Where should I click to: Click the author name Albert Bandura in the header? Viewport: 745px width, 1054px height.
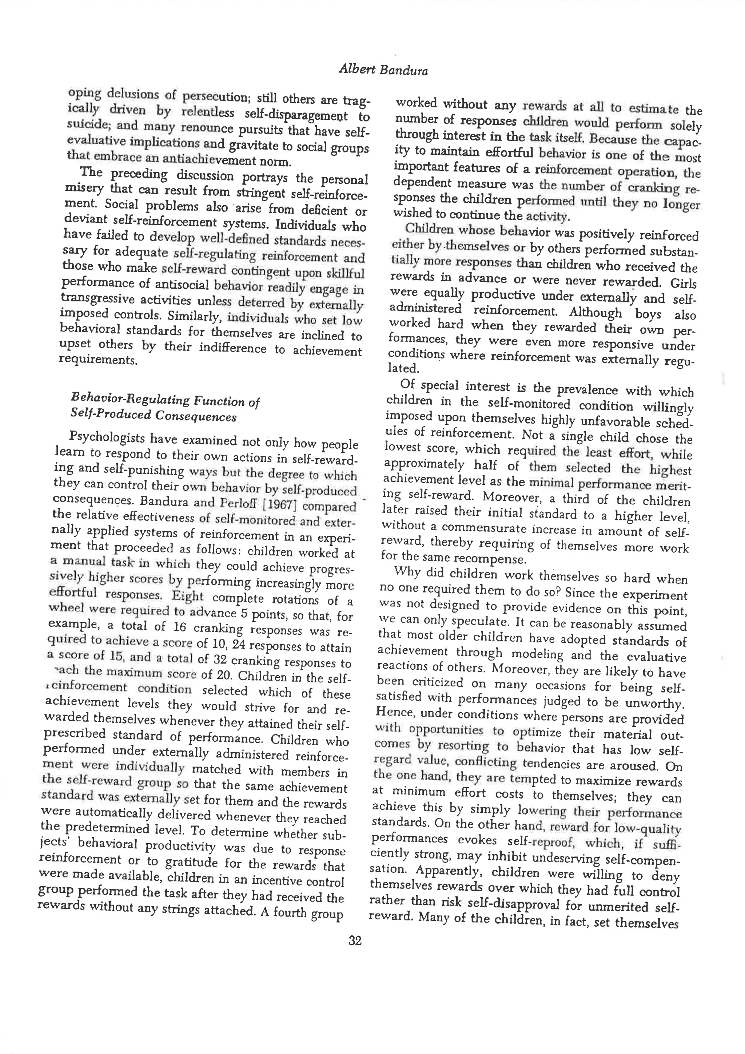pyautogui.click(x=383, y=70)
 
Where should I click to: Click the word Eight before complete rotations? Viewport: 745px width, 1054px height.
pyautogui.click(x=187, y=596)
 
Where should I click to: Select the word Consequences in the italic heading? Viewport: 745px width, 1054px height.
pyautogui.click(x=195, y=416)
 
